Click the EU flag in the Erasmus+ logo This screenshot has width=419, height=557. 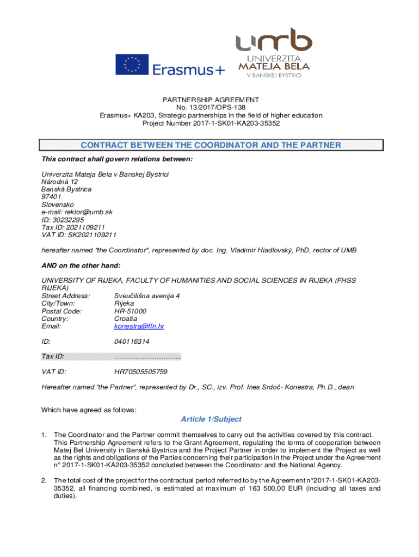[x=132, y=65]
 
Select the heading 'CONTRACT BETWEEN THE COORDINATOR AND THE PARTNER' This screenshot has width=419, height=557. [x=211, y=145]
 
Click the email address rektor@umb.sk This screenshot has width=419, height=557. [x=77, y=212]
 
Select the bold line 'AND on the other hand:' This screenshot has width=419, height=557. [x=81, y=265]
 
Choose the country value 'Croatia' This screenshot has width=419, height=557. [x=126, y=319]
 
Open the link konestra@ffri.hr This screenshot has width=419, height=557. [x=139, y=326]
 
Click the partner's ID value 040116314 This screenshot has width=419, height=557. [x=132, y=342]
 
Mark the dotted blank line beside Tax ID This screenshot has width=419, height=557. [x=147, y=357]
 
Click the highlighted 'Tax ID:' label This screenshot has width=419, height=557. [x=53, y=357]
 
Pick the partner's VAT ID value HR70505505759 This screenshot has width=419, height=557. [x=141, y=372]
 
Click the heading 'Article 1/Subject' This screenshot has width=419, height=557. [x=211, y=419]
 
